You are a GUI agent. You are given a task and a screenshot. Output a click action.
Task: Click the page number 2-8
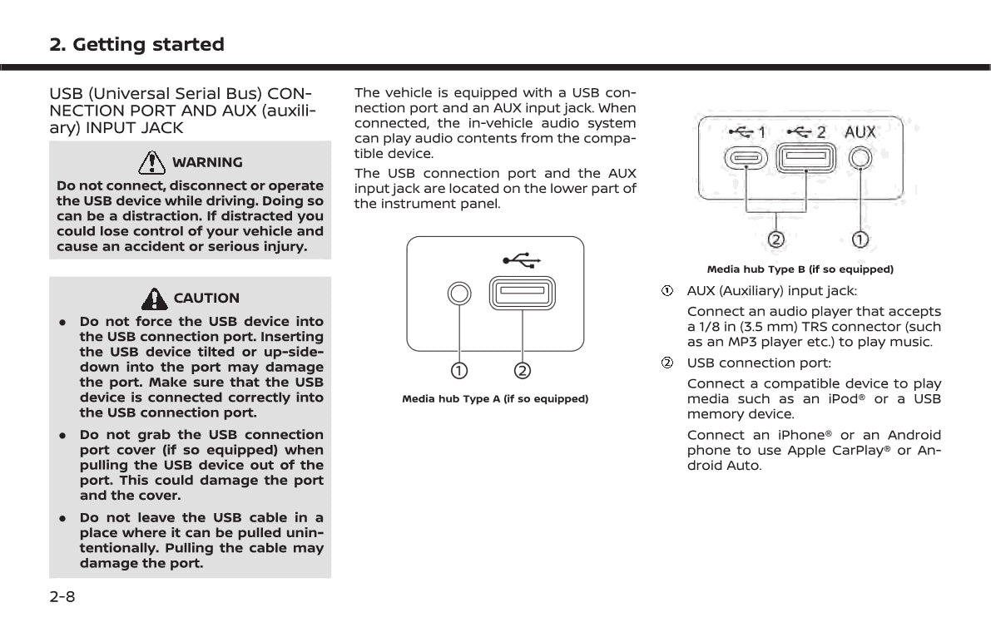[62, 596]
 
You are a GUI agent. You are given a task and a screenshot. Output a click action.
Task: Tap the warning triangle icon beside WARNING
[151, 161]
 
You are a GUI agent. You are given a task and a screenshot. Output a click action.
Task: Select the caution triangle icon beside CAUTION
[154, 297]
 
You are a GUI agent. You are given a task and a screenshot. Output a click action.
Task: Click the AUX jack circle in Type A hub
[458, 294]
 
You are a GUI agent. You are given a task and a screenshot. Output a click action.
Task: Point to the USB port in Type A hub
[523, 294]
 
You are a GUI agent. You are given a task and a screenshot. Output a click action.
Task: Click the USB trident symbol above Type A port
[523, 261]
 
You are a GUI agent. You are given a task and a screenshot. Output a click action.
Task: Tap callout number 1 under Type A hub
[458, 369]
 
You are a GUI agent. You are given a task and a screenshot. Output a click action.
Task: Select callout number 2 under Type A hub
[523, 369]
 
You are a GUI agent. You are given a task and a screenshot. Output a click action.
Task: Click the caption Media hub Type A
[495, 399]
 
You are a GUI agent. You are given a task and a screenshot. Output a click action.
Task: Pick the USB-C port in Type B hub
[746, 157]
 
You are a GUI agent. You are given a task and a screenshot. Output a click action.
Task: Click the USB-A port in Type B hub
[805, 157]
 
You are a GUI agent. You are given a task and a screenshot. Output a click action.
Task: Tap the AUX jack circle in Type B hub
[860, 157]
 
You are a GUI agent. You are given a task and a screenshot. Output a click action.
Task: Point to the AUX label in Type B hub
[860, 132]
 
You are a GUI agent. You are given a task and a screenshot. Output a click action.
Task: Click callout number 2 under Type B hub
[775, 239]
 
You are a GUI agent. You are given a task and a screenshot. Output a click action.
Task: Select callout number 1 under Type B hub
[860, 239]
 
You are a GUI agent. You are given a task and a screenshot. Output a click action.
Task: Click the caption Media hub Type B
[800, 269]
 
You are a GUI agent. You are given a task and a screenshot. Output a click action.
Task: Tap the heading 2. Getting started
[136, 45]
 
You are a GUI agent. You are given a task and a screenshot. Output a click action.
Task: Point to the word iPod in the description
[839, 399]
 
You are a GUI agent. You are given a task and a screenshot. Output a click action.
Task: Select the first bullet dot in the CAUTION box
[63, 322]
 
